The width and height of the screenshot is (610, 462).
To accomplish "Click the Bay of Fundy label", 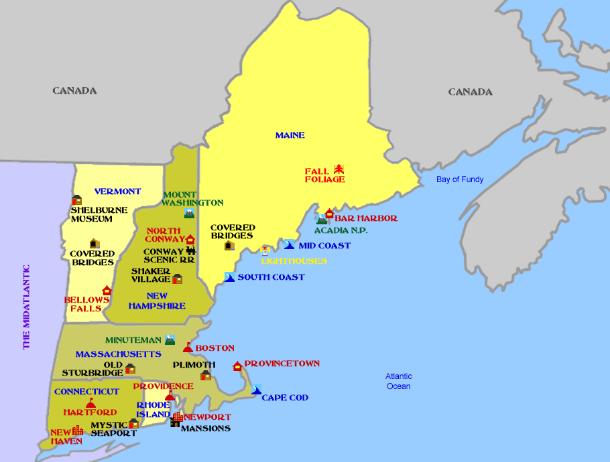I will [459, 179].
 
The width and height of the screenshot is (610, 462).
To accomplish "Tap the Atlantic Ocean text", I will [399, 381].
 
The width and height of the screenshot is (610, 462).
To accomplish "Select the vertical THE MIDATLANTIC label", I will [27, 307].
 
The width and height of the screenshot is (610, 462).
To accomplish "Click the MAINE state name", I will [290, 135].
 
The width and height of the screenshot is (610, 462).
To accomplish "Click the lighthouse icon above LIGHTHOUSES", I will [265, 250].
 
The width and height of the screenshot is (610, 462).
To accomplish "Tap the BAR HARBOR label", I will [366, 218].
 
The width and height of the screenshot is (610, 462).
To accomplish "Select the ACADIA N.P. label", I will [341, 230].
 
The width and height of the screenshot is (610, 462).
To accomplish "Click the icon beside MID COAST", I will [289, 245].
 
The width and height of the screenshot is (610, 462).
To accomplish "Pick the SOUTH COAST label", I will [271, 277].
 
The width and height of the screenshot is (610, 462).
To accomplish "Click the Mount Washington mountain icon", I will [190, 214].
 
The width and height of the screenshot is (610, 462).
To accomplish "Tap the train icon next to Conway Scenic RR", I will [190, 252].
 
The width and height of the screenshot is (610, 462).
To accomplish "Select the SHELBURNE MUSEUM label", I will [99, 214].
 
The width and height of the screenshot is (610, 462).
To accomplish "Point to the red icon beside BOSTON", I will [188, 348].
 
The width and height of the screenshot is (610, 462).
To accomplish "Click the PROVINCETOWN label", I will [282, 364].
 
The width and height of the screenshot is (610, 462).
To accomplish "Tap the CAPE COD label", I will [285, 398].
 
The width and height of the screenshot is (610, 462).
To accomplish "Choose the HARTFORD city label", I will [90, 412].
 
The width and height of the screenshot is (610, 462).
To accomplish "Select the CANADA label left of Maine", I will [74, 90].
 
